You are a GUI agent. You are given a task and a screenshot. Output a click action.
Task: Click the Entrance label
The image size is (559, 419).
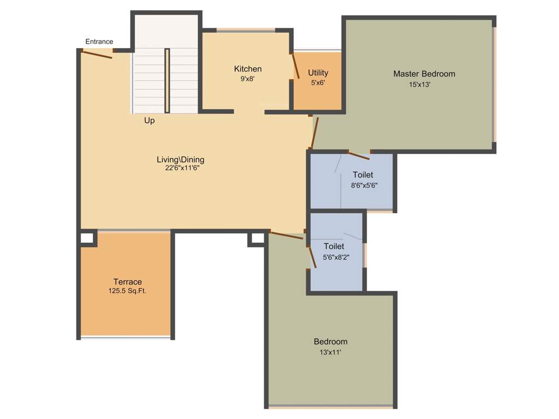tap(99, 41)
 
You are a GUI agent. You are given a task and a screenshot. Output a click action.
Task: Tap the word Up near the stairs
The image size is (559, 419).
tap(149, 121)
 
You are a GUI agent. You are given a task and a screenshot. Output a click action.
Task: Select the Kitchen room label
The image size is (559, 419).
tap(248, 69)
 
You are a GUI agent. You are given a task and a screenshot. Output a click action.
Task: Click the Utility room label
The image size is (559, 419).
tap(318, 73)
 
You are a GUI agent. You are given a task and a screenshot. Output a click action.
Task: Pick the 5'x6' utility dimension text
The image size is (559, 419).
tap(318, 83)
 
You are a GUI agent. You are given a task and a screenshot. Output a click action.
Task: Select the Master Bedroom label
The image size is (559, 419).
tap(424, 74)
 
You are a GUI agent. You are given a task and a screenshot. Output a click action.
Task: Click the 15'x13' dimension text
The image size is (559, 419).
tap(420, 85)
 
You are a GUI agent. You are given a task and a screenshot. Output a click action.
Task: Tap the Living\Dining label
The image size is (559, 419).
tap(180, 159)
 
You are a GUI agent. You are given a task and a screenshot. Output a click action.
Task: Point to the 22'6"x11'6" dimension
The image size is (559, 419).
tap(180, 168)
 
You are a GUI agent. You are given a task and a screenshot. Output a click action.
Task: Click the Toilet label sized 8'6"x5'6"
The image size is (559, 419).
tap(363, 175)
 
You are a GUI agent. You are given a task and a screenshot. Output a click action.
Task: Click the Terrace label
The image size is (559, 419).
tap(128, 282)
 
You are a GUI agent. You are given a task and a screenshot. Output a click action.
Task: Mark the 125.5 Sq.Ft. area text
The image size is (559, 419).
tap(128, 291)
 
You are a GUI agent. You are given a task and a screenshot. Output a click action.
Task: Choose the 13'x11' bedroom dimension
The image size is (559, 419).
tap(330, 352)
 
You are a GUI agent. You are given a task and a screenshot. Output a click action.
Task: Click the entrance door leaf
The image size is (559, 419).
tap(97, 54)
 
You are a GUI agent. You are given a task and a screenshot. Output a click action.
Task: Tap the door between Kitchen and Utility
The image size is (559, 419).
tap(295, 67)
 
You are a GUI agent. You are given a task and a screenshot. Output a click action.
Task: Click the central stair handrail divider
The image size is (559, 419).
tap(167, 81)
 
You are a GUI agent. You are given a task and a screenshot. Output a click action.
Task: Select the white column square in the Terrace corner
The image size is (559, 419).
tap(87, 238)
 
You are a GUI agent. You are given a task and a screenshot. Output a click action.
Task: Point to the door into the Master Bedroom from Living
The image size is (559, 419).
tap(314, 132)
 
